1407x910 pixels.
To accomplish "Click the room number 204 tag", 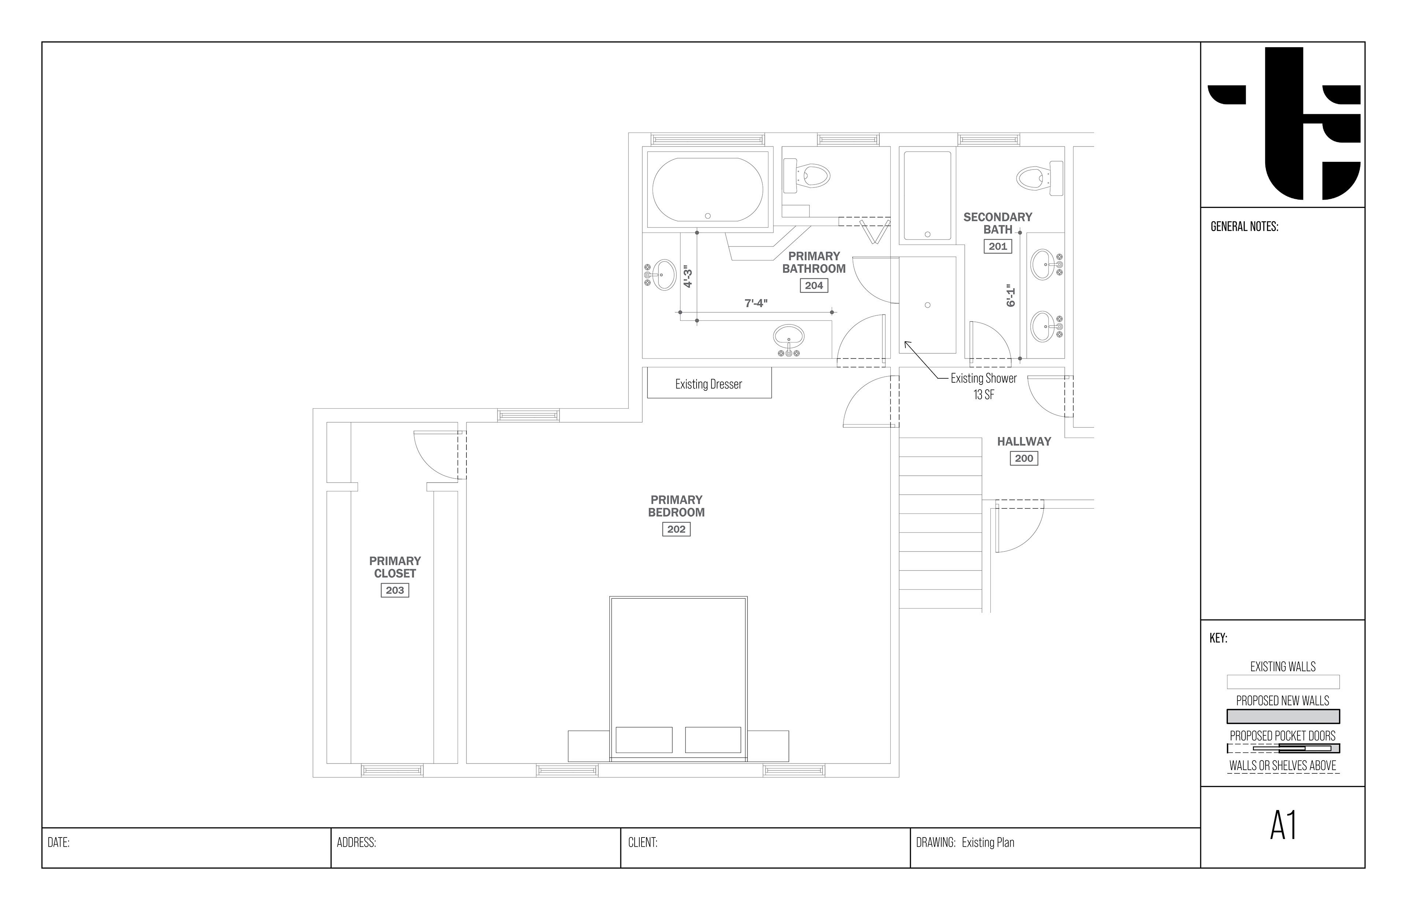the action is point(814,285).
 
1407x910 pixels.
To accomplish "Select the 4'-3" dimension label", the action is point(687,276).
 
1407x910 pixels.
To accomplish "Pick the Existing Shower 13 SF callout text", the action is point(984,386).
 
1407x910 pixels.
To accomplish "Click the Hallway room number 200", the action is point(1024,458).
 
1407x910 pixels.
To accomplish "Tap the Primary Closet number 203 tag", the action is point(395,590).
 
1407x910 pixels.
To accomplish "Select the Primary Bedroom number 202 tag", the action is point(676,530).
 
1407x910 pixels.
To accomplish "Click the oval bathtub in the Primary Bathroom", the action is point(708,190).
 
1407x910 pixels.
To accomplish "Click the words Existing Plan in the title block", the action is point(988,843).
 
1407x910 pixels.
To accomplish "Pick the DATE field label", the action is point(59,843).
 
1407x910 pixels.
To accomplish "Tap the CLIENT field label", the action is point(643,843).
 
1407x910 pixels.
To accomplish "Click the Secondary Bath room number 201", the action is point(998,246).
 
